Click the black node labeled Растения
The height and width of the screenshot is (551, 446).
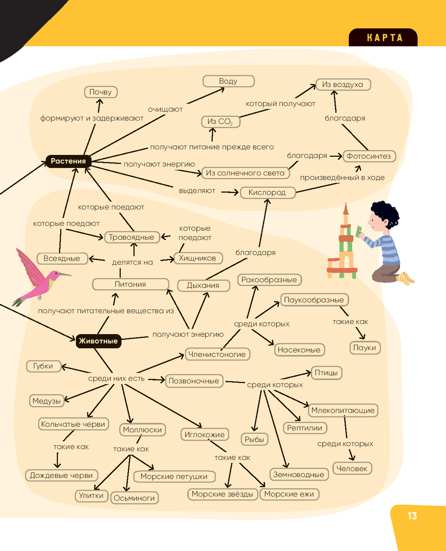68,161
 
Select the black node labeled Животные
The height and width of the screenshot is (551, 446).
98,341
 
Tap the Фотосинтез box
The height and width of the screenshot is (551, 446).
368,156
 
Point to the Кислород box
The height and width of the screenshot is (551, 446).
267,193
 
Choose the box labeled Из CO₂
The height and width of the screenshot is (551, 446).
220,122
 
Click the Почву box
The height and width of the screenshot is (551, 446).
100,92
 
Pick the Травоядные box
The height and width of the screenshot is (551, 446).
131,237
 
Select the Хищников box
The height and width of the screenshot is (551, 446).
197,258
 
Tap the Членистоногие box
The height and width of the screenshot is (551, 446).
217,355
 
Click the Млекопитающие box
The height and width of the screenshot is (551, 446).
343,411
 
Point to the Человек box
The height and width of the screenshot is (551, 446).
351,469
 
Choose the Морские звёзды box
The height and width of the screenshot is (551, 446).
222,494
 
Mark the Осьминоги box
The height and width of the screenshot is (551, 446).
134,498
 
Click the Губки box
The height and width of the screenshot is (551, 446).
43,366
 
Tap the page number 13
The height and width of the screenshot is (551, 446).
412,516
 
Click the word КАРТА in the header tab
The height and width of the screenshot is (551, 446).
384,38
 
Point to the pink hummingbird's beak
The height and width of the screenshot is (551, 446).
64,273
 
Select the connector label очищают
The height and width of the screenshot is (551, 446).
165,109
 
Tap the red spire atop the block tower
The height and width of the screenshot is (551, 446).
345,209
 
